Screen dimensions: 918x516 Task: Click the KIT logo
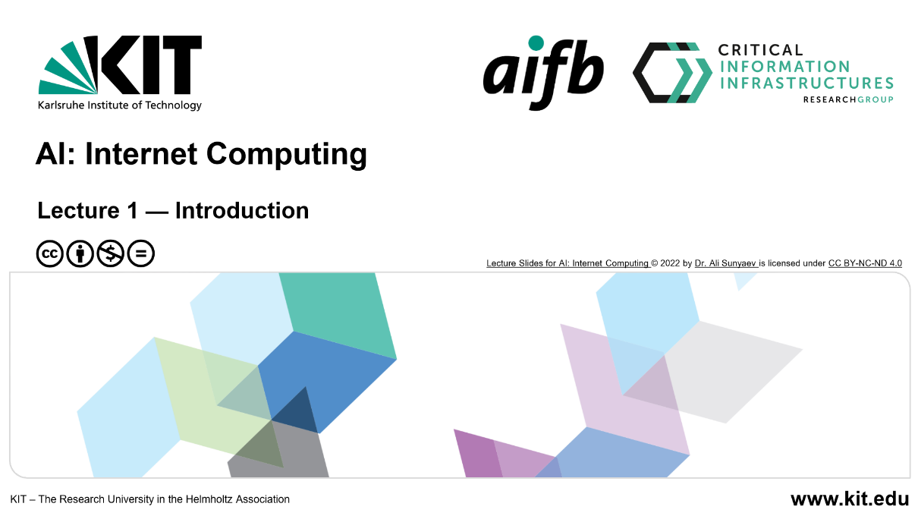[x=120, y=73]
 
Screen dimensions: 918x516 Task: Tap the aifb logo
[x=543, y=73]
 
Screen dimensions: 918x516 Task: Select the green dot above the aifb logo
[x=536, y=43]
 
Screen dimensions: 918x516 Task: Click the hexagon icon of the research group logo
[x=672, y=73]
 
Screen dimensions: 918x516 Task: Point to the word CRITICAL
[x=760, y=50]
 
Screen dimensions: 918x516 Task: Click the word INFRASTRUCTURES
[x=806, y=83]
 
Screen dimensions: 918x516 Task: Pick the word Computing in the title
[x=287, y=155]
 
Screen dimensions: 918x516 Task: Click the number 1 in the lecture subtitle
[x=132, y=210]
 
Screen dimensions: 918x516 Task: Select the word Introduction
[x=242, y=210]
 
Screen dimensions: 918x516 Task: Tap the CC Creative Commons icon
[x=49, y=253]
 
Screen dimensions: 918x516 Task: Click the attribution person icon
[x=80, y=253]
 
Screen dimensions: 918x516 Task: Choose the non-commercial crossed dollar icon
[x=110, y=253]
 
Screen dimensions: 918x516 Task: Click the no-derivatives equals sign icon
[x=140, y=253]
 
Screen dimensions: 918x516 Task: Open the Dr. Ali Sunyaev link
[x=725, y=263]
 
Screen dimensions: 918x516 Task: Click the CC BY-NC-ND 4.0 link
[x=865, y=263]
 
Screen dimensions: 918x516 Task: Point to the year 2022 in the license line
[x=670, y=263]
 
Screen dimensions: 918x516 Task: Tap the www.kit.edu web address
[x=850, y=499]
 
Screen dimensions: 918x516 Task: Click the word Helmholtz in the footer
[x=204, y=499]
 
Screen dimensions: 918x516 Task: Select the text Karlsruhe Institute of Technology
[x=120, y=105]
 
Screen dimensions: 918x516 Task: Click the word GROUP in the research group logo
[x=876, y=99]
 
